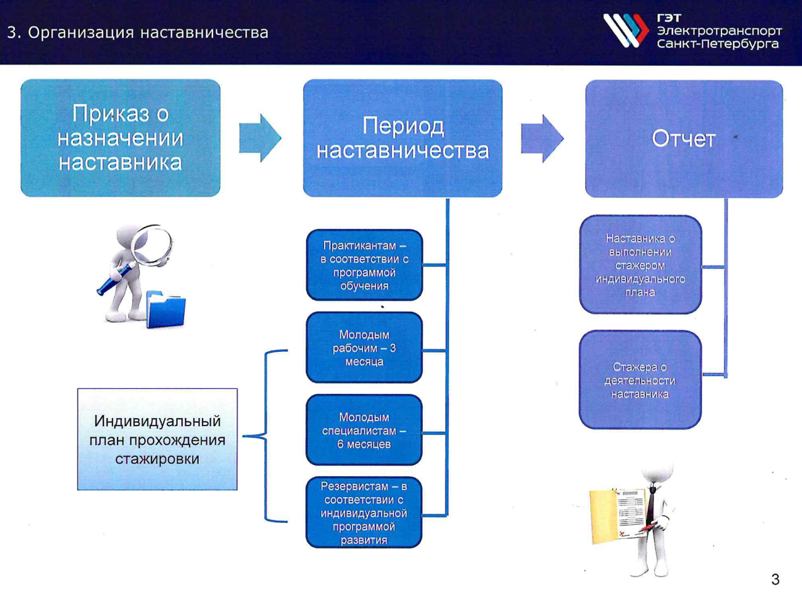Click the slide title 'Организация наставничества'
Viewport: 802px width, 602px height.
pyautogui.click(x=148, y=33)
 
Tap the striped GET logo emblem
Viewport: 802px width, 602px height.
pyautogui.click(x=625, y=30)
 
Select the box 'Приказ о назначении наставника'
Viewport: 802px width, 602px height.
pyautogui.click(x=121, y=138)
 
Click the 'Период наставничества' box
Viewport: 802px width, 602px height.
pyautogui.click(x=403, y=138)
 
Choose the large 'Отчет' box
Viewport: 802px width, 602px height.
pyautogui.click(x=684, y=139)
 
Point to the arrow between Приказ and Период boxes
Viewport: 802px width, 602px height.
pyautogui.click(x=260, y=138)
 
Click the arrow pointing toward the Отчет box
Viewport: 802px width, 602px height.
pyautogui.click(x=542, y=139)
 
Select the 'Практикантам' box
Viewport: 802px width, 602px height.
pyautogui.click(x=364, y=265)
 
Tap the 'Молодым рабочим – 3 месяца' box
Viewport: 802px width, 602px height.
pyautogui.click(x=364, y=348)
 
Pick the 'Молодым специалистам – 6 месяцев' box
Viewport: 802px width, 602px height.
pyautogui.click(x=364, y=430)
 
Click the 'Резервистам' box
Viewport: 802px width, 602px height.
pyautogui.click(x=364, y=512)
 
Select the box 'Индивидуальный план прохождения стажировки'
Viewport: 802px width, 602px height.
pyautogui.click(x=157, y=439)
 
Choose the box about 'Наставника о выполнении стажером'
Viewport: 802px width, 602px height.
pyautogui.click(x=640, y=265)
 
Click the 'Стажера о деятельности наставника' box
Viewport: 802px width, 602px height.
pyautogui.click(x=640, y=380)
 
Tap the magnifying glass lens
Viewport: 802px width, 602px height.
pyautogui.click(x=153, y=244)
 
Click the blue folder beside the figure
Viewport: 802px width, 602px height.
pyautogui.click(x=166, y=309)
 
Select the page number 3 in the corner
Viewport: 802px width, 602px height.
pyautogui.click(x=776, y=579)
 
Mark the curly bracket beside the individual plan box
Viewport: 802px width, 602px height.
pyautogui.click(x=265, y=436)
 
